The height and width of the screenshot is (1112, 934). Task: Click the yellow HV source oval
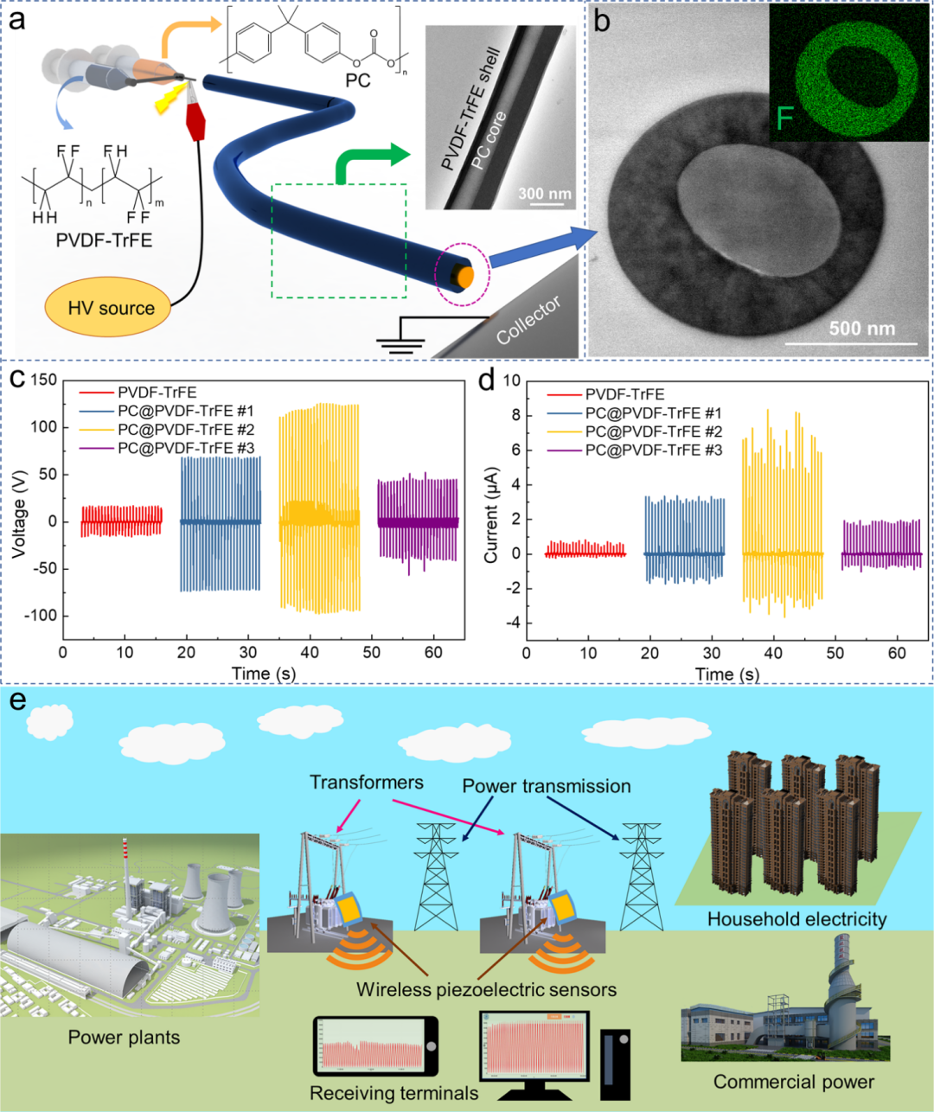click(x=107, y=308)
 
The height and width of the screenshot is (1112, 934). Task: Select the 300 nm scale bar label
click(x=544, y=193)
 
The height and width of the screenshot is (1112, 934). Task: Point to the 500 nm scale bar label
click(x=861, y=329)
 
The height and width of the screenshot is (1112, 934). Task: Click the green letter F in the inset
click(x=785, y=117)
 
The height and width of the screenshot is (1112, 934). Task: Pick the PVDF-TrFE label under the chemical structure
click(x=104, y=240)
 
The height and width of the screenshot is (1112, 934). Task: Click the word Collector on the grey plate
click(x=528, y=320)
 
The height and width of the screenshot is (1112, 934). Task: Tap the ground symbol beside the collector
click(x=401, y=342)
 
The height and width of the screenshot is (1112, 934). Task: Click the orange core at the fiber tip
click(x=465, y=278)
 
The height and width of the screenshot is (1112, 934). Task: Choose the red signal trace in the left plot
click(x=121, y=521)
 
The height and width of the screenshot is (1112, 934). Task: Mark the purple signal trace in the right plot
click(x=881, y=545)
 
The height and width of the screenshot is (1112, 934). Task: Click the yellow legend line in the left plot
click(x=97, y=430)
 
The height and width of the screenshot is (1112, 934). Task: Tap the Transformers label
click(x=367, y=783)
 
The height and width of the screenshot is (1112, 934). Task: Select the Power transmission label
click(x=546, y=786)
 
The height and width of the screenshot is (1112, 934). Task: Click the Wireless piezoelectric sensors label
click(x=486, y=989)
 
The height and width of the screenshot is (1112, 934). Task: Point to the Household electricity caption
click(x=796, y=918)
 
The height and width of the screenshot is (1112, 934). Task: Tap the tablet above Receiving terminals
click(x=375, y=1046)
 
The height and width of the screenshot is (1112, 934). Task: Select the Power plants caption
click(x=124, y=1037)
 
